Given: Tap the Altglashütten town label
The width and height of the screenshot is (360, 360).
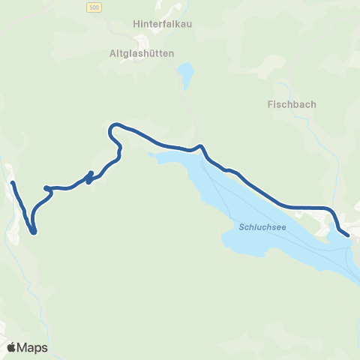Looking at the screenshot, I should (142, 53).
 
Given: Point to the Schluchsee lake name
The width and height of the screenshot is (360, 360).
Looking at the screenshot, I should (262, 226).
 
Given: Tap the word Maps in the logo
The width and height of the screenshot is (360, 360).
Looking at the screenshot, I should (33, 347).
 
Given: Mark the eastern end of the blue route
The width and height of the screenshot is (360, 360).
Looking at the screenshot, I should (349, 235).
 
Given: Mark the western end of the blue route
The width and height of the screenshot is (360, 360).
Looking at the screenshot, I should (13, 183).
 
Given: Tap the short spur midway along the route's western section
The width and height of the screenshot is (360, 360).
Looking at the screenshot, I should (90, 177).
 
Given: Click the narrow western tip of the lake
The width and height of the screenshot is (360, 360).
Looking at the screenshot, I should (152, 155).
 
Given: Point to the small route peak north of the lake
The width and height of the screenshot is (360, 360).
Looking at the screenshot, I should (200, 145).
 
